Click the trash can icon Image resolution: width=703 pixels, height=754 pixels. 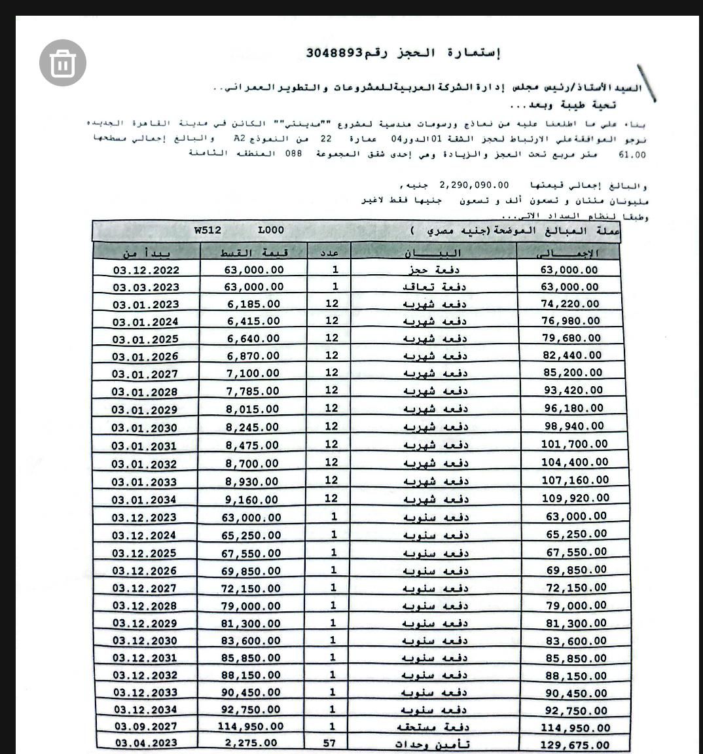pyautogui.click(x=63, y=63)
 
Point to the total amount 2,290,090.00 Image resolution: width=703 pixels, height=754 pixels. pyautogui.click(x=474, y=185)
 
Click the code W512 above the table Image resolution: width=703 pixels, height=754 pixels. pyautogui.click(x=207, y=230)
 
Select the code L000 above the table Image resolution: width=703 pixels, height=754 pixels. pyautogui.click(x=271, y=230)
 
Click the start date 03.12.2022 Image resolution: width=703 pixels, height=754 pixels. pyautogui.click(x=145, y=270)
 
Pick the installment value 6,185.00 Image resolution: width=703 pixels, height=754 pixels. pyautogui.click(x=253, y=304)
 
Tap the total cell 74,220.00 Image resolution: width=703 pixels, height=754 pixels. pyautogui.click(x=571, y=304)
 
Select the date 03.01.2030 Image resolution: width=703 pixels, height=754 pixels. pyautogui.click(x=144, y=427)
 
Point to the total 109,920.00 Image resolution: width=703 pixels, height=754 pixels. pyautogui.click(x=575, y=497)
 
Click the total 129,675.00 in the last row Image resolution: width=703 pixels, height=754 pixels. pyautogui.click(x=575, y=745)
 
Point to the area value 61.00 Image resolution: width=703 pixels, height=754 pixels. pyautogui.click(x=632, y=155)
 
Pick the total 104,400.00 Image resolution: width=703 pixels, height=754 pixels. pyautogui.click(x=575, y=461)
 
